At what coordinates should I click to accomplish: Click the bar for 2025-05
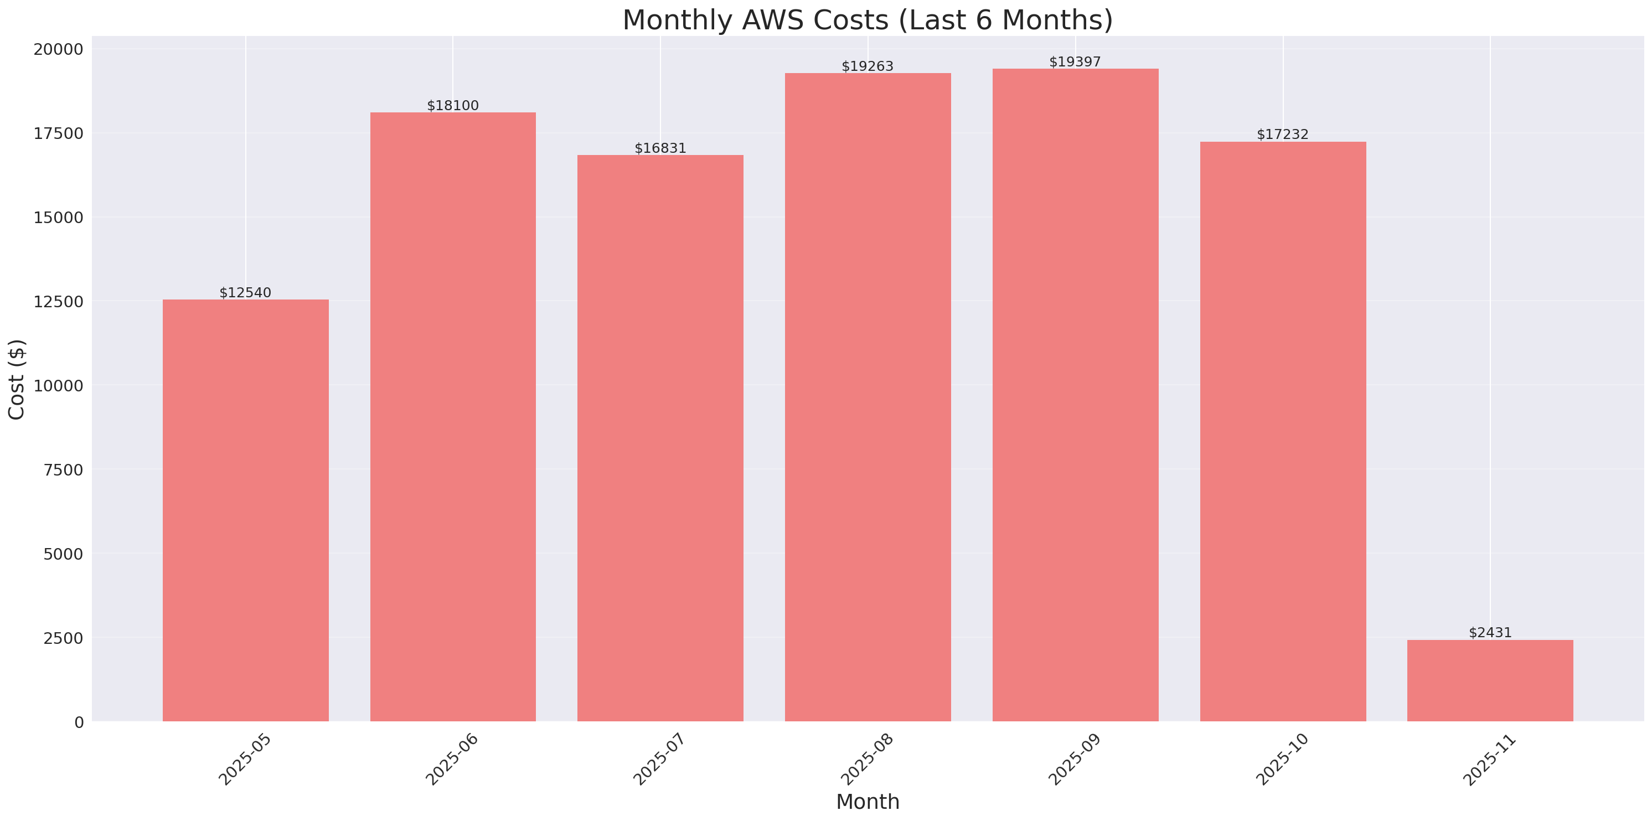click(x=246, y=510)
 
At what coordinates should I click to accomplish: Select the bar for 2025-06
click(x=453, y=417)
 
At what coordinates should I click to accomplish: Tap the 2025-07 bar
click(x=660, y=438)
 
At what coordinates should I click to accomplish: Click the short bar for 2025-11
click(x=1490, y=680)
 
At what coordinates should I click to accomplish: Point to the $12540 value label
click(x=246, y=293)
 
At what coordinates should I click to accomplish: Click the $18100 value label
click(x=453, y=106)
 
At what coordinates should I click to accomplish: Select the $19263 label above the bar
click(x=867, y=66)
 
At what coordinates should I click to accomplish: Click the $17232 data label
click(x=1282, y=135)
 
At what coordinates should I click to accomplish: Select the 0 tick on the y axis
click(x=79, y=723)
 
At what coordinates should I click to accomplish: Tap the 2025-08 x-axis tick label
click(x=867, y=759)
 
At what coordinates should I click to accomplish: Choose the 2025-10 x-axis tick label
click(x=1282, y=759)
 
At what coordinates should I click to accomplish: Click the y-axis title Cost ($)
click(x=17, y=379)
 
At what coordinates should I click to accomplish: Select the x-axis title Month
click(x=868, y=802)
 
